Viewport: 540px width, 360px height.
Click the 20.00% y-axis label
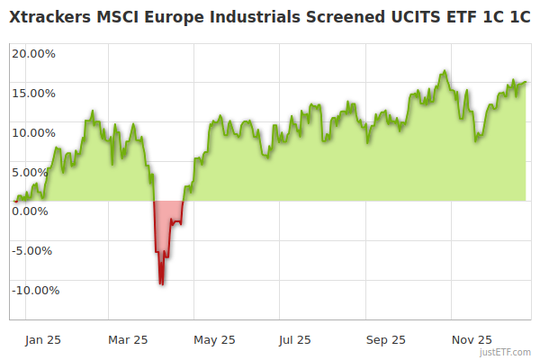pyautogui.click(x=34, y=53)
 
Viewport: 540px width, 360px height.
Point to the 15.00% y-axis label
pyautogui.click(x=34, y=93)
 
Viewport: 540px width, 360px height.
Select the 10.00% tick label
pyautogui.click(x=34, y=132)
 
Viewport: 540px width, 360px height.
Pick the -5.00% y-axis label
pyautogui.click(x=35, y=251)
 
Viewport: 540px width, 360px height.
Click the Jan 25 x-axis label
pyautogui.click(x=43, y=340)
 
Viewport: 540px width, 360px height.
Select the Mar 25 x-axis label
pyautogui.click(x=128, y=340)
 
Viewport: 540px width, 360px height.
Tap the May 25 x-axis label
pyautogui.click(x=214, y=340)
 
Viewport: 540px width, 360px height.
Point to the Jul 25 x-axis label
pyautogui.click(x=295, y=340)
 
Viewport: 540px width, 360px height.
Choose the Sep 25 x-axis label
pyautogui.click(x=385, y=340)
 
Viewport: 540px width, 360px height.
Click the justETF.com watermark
pyautogui.click(x=507, y=353)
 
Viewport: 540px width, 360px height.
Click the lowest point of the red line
pyautogui.click(x=161, y=285)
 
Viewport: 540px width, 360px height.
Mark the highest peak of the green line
pyautogui.click(x=444, y=71)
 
